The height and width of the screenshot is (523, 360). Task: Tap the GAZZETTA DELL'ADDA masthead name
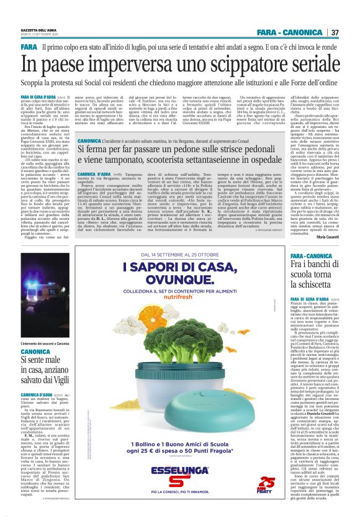37,30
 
